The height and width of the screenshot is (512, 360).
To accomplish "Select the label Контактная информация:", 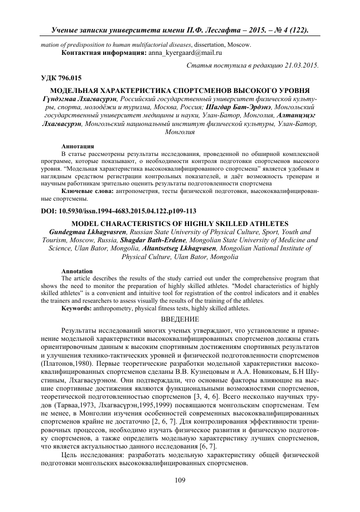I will click(x=103, y=52).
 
